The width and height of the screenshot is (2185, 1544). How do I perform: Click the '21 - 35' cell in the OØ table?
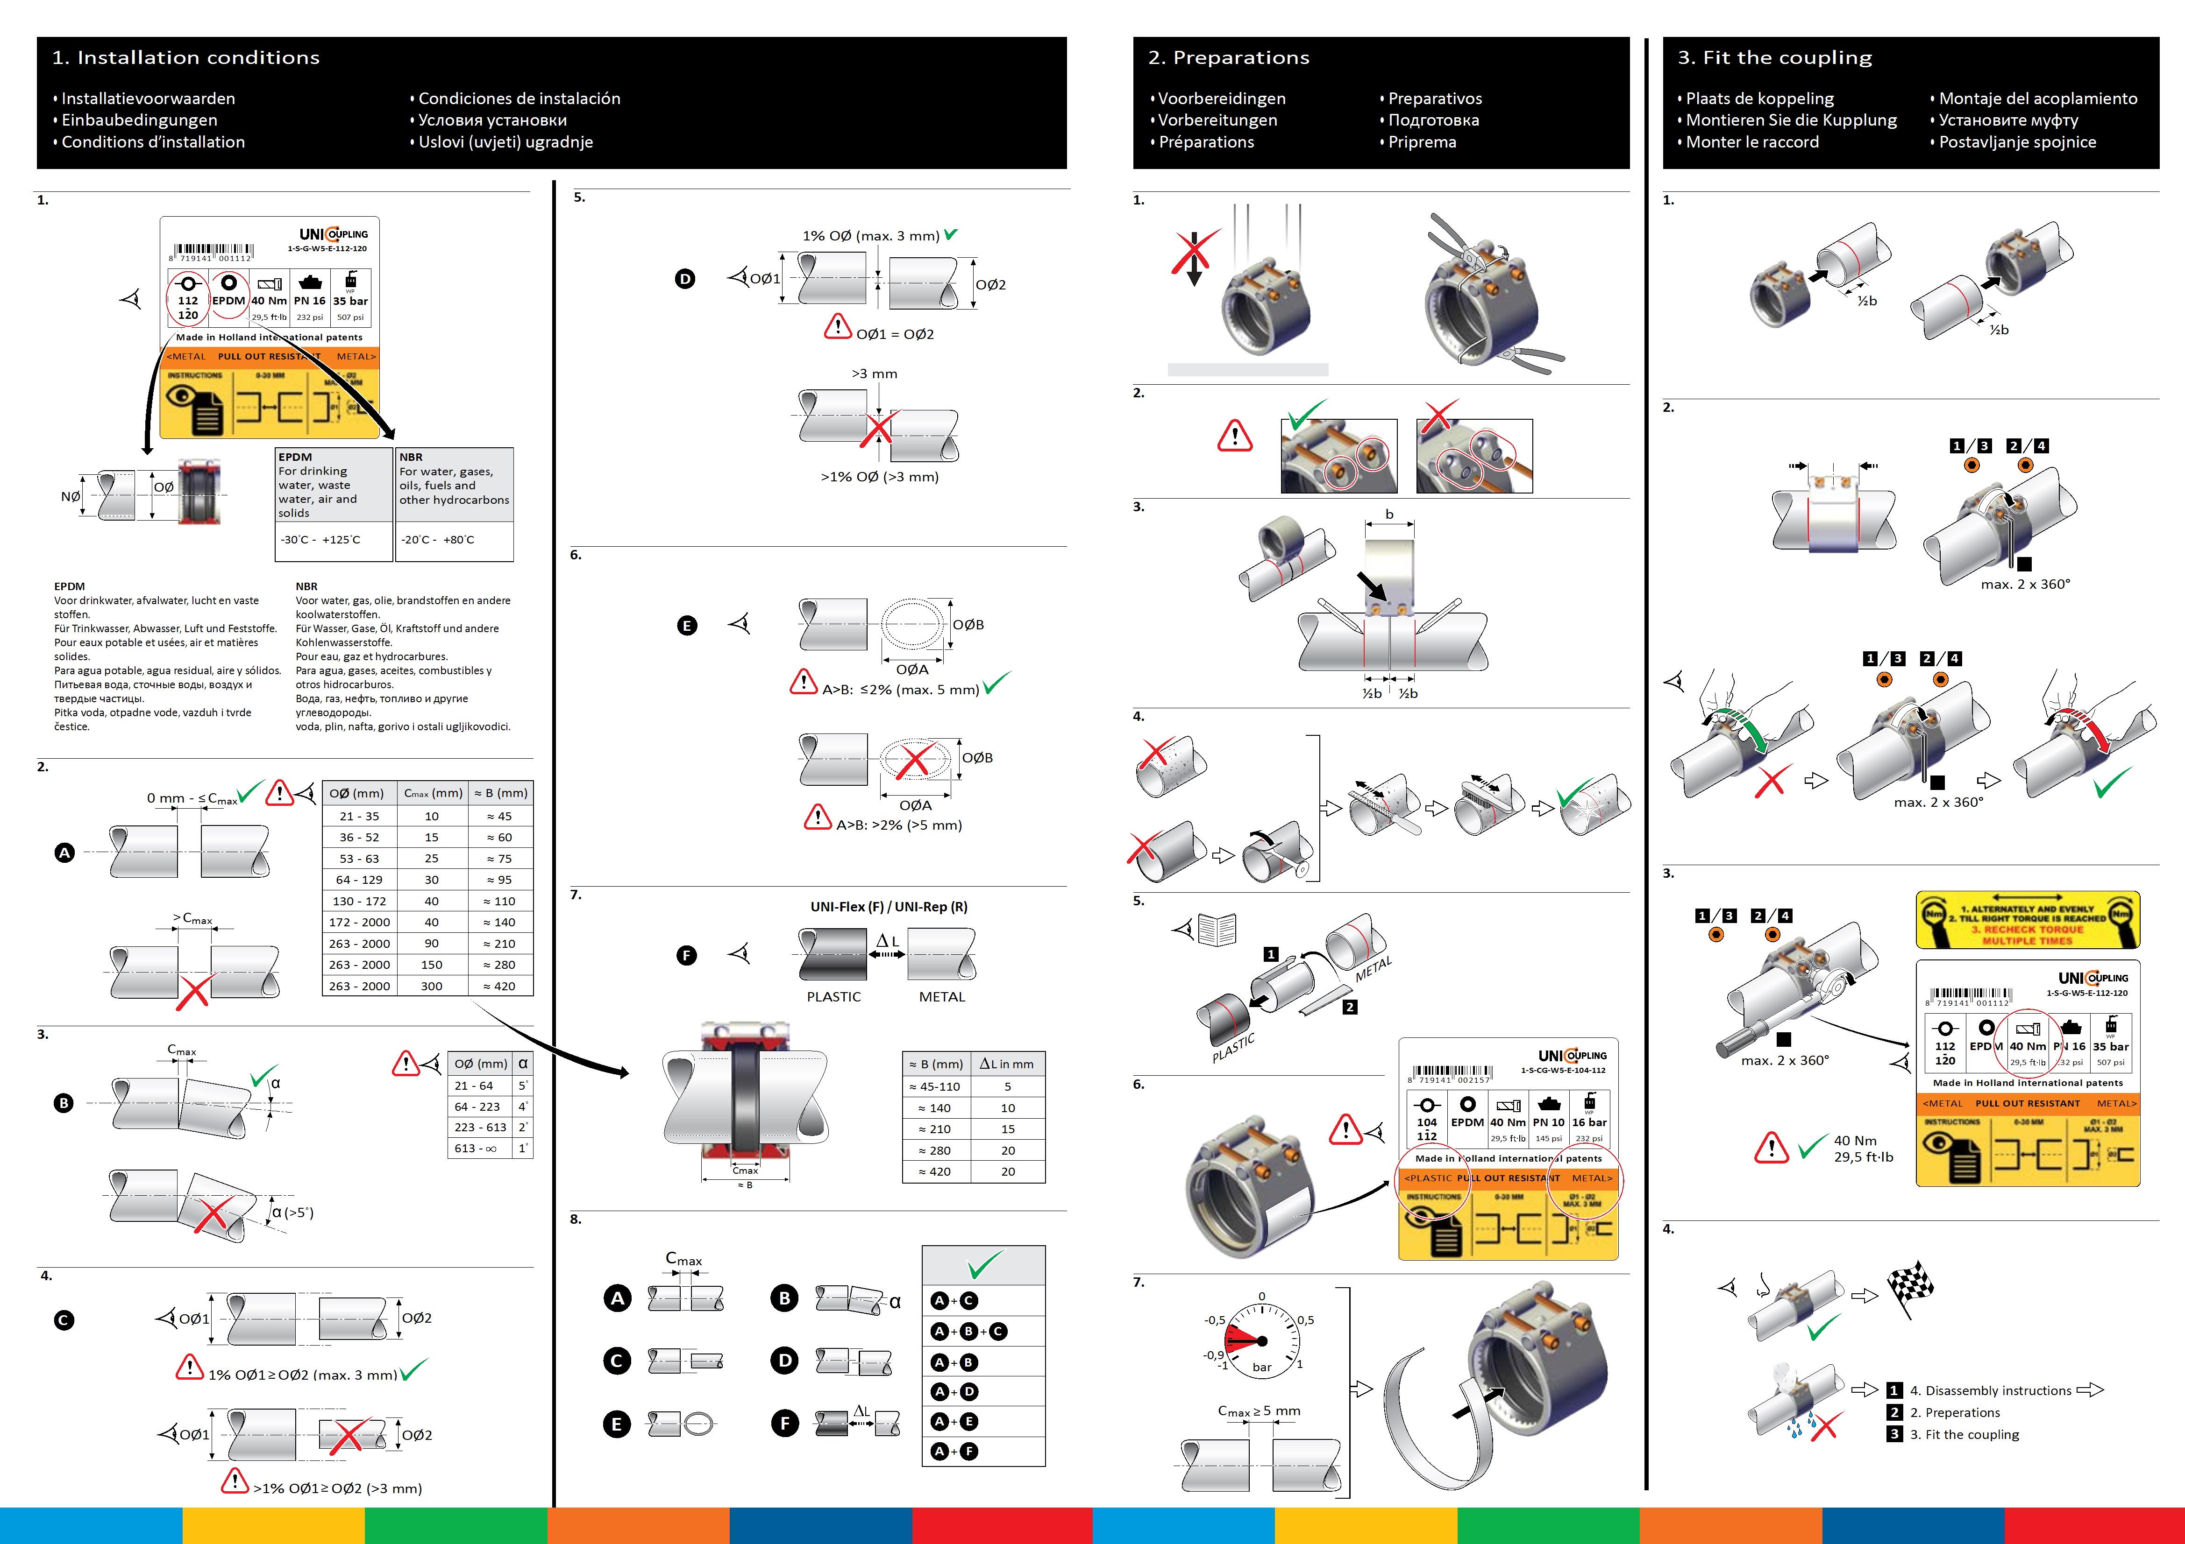pos(359,816)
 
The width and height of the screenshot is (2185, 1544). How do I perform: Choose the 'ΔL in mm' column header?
pos(1007,1064)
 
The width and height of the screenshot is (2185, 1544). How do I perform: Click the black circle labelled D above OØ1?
pos(685,279)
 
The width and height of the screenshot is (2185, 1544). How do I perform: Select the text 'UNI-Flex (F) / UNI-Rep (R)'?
pos(889,907)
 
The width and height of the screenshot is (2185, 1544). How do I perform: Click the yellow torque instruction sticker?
pos(2027,920)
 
